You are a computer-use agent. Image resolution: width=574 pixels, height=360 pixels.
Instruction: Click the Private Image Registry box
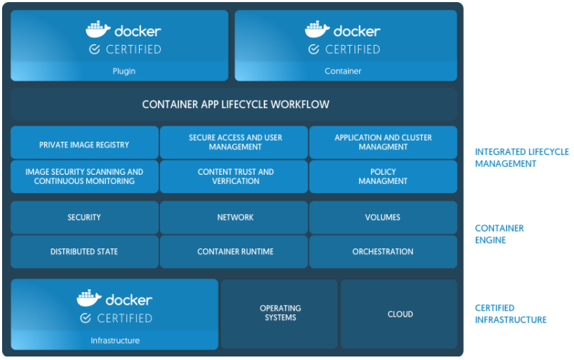pos(84,143)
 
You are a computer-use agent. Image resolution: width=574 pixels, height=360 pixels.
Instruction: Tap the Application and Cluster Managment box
pos(382,142)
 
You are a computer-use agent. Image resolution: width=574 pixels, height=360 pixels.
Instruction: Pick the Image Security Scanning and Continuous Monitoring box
pos(84,177)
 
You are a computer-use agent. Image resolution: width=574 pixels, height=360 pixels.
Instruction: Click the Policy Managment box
pos(382,177)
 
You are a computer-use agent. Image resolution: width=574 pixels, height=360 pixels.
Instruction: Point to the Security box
pos(84,218)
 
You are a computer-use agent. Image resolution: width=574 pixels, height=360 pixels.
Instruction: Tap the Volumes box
pos(382,218)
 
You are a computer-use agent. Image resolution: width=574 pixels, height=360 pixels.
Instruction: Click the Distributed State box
pos(84,252)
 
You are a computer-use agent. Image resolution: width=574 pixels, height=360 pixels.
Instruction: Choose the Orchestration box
pos(382,252)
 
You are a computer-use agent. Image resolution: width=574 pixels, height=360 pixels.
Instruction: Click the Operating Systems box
pos(280,313)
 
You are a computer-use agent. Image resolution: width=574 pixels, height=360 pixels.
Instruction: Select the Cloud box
pos(399,314)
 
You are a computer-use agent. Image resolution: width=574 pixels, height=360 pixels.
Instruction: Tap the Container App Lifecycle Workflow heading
pos(235,105)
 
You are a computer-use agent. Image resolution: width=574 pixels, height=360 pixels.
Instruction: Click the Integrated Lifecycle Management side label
pos(521,158)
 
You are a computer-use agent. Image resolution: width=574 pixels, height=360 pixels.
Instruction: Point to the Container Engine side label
pos(500,234)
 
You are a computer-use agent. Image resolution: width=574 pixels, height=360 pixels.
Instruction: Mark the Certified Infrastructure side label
pos(510,314)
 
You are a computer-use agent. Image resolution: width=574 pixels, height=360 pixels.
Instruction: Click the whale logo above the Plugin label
pos(98,29)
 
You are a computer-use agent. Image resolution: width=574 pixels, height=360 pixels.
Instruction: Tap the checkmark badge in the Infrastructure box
pos(86,318)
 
